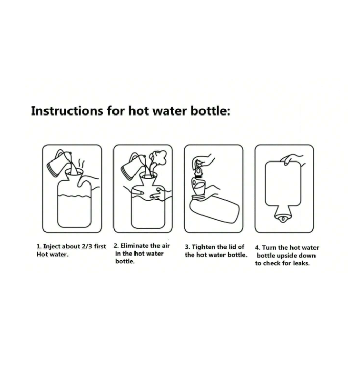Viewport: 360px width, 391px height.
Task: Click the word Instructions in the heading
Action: click(x=67, y=111)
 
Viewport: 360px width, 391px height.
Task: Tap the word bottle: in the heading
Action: click(x=210, y=111)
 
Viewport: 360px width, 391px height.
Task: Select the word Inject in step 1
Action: click(x=52, y=247)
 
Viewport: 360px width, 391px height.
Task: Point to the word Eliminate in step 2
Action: click(x=134, y=246)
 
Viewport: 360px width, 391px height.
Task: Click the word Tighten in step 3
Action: click(x=204, y=247)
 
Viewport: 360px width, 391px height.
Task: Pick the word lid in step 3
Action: click(x=232, y=247)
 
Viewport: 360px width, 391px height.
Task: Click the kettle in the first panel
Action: click(x=59, y=165)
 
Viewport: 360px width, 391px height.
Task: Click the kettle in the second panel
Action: click(x=133, y=166)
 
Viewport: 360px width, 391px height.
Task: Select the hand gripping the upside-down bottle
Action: click(x=292, y=159)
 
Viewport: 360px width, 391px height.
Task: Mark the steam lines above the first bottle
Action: click(x=81, y=164)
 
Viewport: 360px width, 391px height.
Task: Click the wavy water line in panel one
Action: click(x=74, y=195)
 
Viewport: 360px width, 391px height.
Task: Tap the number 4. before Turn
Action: click(x=257, y=248)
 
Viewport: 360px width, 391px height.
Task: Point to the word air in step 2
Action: click(x=165, y=246)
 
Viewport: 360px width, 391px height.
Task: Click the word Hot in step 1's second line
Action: click(x=41, y=255)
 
